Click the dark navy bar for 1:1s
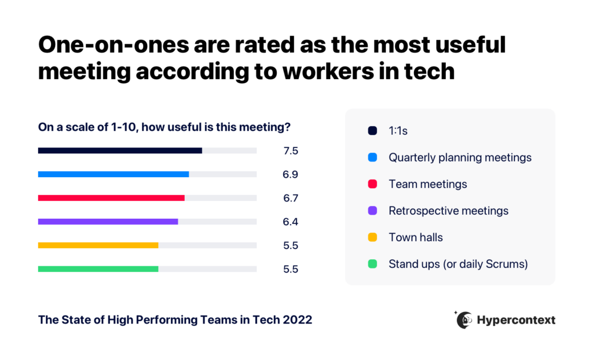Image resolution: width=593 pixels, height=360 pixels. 120,150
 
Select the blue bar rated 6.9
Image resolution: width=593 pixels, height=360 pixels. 114,174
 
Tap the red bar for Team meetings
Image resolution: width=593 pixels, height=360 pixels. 111,198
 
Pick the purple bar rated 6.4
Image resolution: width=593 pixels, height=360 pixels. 108,222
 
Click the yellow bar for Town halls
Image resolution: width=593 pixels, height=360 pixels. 98,245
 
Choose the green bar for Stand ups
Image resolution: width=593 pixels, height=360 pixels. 98,269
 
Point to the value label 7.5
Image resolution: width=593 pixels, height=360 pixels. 291,151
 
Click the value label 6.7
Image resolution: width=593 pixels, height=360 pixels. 291,199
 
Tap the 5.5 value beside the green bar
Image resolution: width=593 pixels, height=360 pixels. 291,270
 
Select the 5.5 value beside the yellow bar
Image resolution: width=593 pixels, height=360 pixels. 291,245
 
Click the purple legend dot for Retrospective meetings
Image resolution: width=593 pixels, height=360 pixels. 372,211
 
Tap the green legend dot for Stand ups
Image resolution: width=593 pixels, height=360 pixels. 372,264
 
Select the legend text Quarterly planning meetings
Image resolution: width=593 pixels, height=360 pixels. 460,157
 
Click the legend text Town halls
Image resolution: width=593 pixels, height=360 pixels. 415,237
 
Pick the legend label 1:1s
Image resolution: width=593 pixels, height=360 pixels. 398,131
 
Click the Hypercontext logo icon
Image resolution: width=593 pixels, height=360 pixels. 464,319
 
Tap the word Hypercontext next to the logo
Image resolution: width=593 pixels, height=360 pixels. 516,320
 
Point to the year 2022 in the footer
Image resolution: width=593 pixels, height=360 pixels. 296,319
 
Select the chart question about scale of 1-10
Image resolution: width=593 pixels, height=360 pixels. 164,127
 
